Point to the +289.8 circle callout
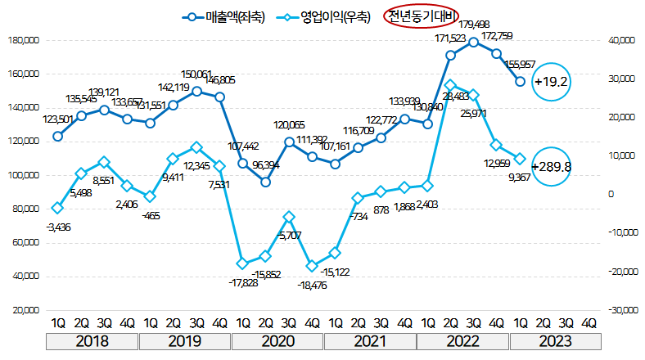(551, 167)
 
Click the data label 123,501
(58, 120)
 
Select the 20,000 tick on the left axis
(25, 311)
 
